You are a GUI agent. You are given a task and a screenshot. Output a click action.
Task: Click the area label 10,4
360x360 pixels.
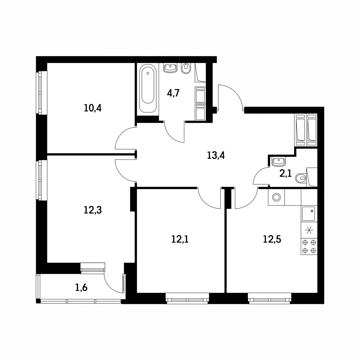click(x=93, y=108)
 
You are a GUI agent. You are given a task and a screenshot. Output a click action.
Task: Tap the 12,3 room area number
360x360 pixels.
click(x=93, y=210)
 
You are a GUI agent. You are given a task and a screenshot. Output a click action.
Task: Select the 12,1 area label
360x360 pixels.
click(x=180, y=239)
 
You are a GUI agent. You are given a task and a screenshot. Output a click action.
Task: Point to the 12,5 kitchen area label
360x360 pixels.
click(x=272, y=239)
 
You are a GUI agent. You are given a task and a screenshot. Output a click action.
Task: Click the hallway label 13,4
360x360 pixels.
click(x=216, y=156)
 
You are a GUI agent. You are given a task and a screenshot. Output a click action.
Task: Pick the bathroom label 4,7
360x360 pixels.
click(x=173, y=93)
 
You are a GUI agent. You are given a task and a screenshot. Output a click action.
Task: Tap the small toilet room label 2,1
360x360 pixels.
click(x=285, y=173)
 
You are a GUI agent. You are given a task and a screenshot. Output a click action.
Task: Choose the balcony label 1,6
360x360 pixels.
click(x=81, y=287)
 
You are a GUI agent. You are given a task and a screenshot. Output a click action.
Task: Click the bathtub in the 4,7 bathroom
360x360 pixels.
click(x=148, y=89)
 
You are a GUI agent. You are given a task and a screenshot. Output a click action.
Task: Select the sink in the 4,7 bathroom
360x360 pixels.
click(x=171, y=68)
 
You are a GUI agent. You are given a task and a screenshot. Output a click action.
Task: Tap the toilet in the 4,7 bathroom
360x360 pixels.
click(x=186, y=69)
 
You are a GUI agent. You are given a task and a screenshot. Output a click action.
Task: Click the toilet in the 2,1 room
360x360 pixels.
click(x=301, y=178)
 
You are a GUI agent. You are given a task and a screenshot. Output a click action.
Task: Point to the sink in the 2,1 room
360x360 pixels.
click(x=278, y=162)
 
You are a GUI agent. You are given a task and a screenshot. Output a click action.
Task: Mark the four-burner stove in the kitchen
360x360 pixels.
click(x=309, y=246)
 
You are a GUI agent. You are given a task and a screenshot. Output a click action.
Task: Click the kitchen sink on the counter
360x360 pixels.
click(x=309, y=214)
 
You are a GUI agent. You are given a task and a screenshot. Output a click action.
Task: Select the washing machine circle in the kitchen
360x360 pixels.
click(x=276, y=197)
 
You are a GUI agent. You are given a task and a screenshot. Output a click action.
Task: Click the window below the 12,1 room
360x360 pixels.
click(x=187, y=298)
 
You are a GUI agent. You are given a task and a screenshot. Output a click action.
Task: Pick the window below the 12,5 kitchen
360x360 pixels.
click(x=270, y=298)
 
